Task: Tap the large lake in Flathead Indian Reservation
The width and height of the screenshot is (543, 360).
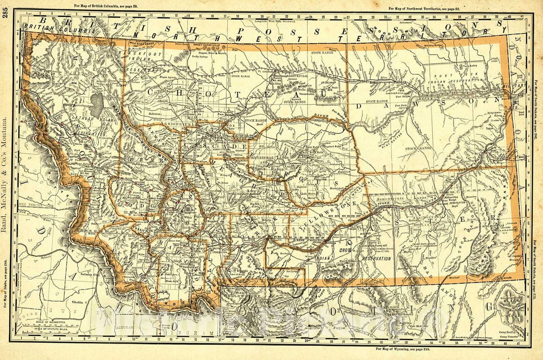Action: click(96, 103)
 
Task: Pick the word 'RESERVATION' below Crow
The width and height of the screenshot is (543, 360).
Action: click(377, 258)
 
